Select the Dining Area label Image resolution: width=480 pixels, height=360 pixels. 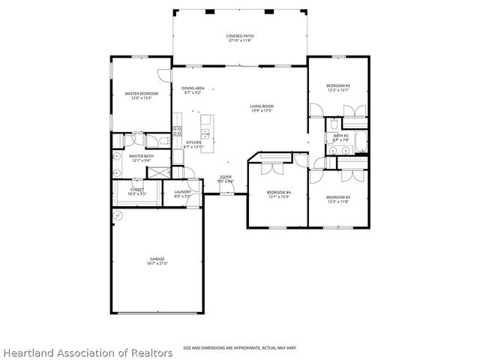tap(193, 91)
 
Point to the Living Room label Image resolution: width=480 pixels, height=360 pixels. tap(262, 109)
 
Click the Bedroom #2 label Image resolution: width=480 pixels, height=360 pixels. tap(338, 88)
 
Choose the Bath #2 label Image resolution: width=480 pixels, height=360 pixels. tap(341, 137)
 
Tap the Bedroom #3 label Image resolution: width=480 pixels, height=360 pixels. tap(338, 199)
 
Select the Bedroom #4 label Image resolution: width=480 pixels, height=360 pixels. tap(278, 195)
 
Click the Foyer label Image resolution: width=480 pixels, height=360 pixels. tap(226, 179)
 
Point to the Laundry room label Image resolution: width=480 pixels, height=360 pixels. tap(182, 193)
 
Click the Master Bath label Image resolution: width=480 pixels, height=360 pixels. tap(142, 158)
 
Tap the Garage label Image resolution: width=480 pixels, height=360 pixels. tap(157, 262)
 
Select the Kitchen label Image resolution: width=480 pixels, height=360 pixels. tap(193, 145)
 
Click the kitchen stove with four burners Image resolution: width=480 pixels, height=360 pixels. tap(178, 130)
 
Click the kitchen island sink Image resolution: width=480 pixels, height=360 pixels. tap(214, 135)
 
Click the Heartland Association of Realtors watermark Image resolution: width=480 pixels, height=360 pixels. tap(87, 352)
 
